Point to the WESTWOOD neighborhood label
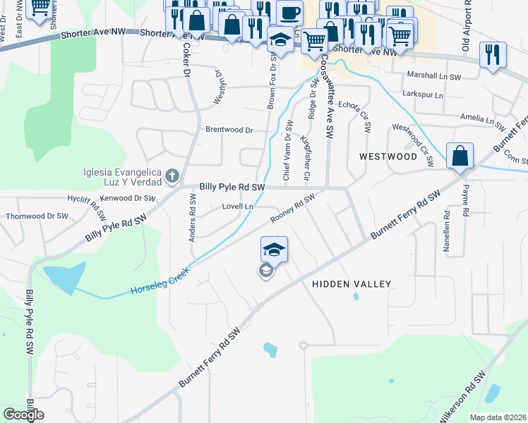point(388,156)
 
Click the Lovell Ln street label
point(237,207)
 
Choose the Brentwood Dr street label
point(229,130)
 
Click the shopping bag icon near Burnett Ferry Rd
point(460,156)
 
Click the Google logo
point(23,415)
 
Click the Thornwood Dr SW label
point(37,216)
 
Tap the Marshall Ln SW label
point(434,76)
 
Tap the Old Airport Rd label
point(466,27)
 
